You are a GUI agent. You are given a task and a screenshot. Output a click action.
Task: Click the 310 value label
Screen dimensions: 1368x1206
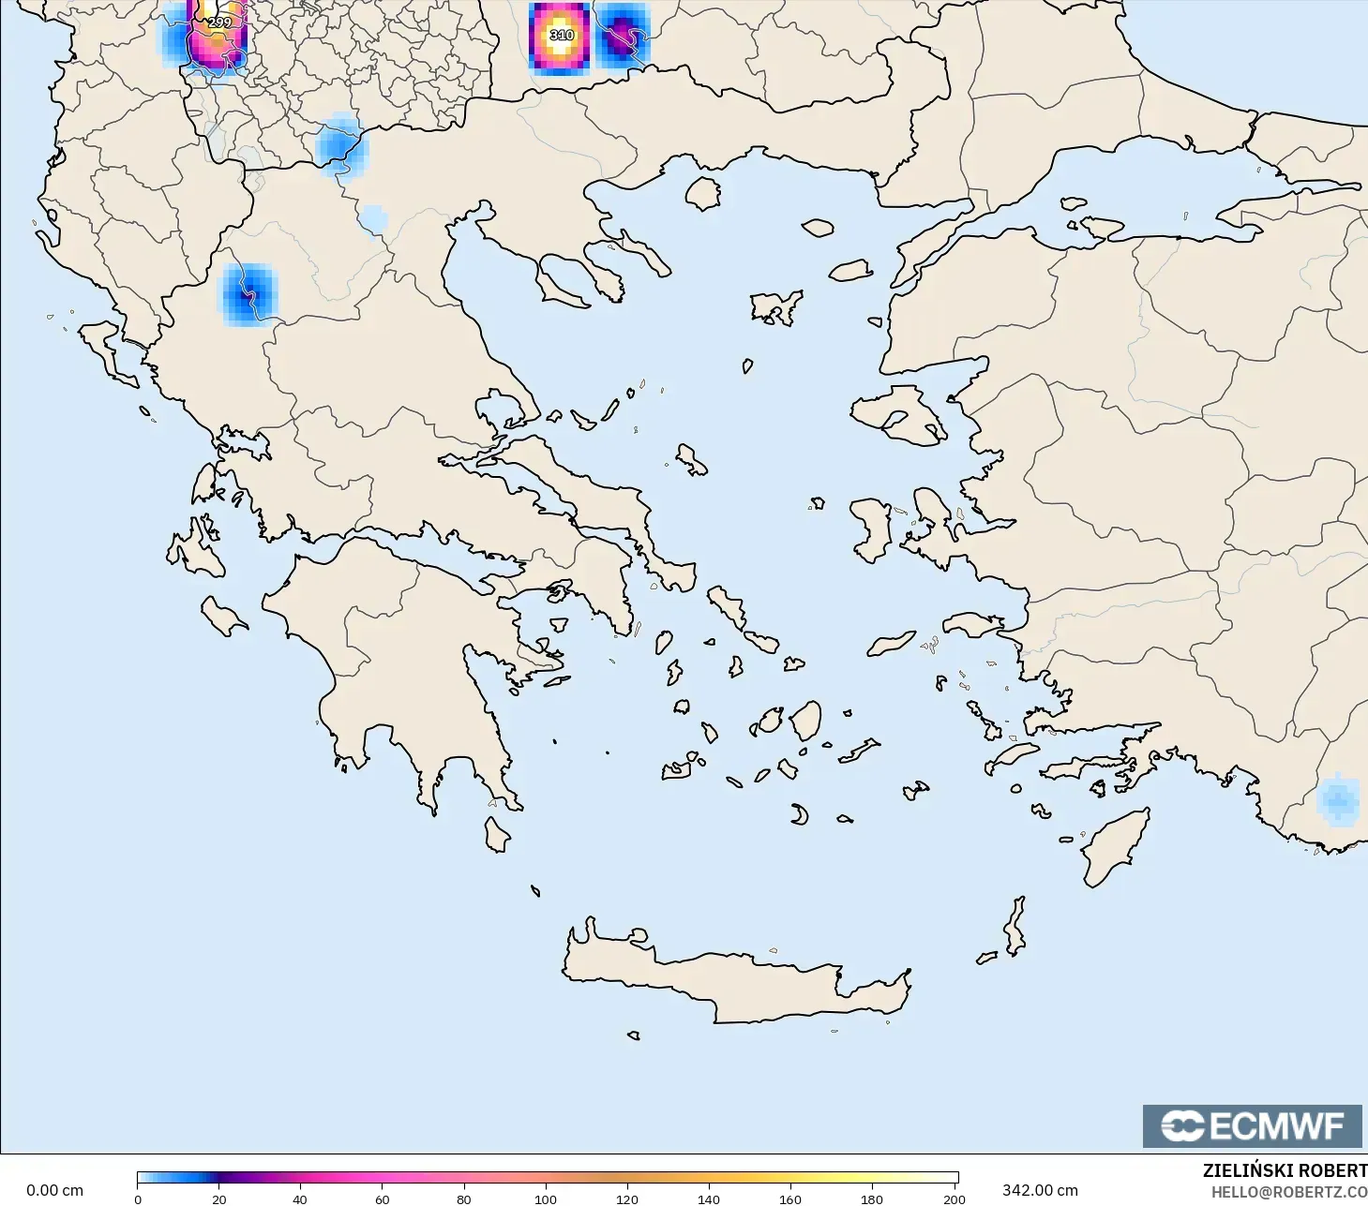coord(561,36)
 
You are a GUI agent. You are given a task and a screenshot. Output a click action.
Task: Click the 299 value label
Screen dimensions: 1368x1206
coord(218,22)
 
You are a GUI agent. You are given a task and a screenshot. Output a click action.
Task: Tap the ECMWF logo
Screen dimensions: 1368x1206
coord(1252,1125)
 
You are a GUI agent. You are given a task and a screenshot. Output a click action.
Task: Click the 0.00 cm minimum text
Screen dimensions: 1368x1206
coord(54,1190)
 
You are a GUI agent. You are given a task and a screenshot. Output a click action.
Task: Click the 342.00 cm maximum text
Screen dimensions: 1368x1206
coord(1040,1190)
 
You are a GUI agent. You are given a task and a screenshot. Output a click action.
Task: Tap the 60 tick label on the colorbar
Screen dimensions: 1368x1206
coord(383,1199)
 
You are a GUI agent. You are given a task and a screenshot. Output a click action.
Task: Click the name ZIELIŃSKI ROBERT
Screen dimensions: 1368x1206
coord(1285,1170)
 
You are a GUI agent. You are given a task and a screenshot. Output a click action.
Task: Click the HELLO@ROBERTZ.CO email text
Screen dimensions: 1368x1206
coord(1288,1192)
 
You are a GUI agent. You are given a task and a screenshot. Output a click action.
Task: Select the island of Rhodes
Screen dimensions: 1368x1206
coord(1116,849)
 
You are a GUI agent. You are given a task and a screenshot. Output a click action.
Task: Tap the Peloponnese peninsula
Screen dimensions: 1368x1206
coord(413,656)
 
